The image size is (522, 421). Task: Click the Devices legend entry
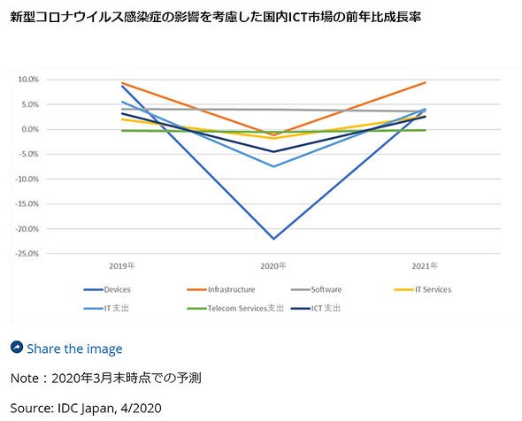coord(107,289)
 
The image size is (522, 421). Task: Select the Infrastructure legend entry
coord(220,289)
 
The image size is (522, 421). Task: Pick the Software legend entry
coord(316,289)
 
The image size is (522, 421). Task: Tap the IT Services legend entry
coord(422,289)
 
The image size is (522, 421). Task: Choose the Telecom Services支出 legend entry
coord(235,309)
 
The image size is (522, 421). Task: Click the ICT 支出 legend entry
coord(316,309)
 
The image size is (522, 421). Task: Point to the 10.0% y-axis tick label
coord(28,80)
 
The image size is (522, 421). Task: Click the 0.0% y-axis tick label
coord(30,129)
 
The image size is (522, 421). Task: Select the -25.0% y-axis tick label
coord(27,254)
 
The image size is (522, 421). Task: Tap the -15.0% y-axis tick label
coord(27,203)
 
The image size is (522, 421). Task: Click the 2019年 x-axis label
coord(122,266)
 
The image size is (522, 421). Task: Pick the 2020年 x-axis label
coord(273,266)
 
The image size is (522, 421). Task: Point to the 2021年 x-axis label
coord(426,266)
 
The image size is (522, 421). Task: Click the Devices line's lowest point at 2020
coord(273,239)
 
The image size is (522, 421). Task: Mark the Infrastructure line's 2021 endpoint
coord(426,82)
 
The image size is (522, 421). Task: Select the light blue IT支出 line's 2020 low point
coord(273,166)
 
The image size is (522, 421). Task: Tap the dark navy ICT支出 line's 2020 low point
coord(273,152)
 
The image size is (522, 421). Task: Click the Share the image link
coord(74,348)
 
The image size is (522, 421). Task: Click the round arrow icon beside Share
coord(17,347)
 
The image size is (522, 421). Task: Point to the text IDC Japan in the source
coord(86,409)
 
